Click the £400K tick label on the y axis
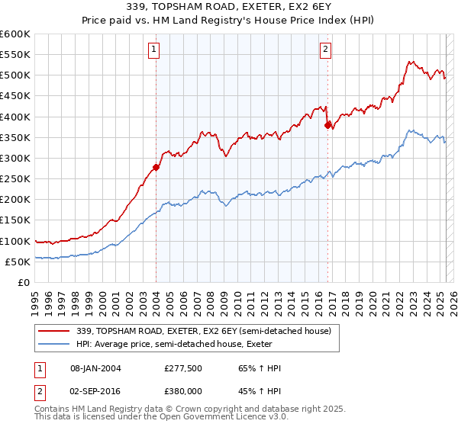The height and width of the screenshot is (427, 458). point(15,117)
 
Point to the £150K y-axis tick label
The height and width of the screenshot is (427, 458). point(15,220)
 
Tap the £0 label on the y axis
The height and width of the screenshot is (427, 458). point(23,282)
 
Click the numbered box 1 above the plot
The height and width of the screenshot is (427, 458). point(153,50)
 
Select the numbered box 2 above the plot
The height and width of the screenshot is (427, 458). point(325,50)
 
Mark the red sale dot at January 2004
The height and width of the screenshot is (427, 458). point(156,167)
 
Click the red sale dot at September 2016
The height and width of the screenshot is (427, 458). point(327,125)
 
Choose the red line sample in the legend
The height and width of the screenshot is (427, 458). point(54,331)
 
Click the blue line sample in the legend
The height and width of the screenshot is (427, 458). point(54,345)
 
